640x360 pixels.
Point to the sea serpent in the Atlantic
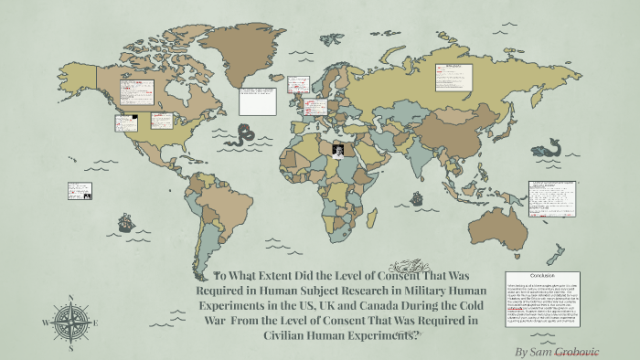coord(243,134)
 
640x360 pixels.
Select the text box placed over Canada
coord(135,91)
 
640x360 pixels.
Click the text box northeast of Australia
coord(552,197)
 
